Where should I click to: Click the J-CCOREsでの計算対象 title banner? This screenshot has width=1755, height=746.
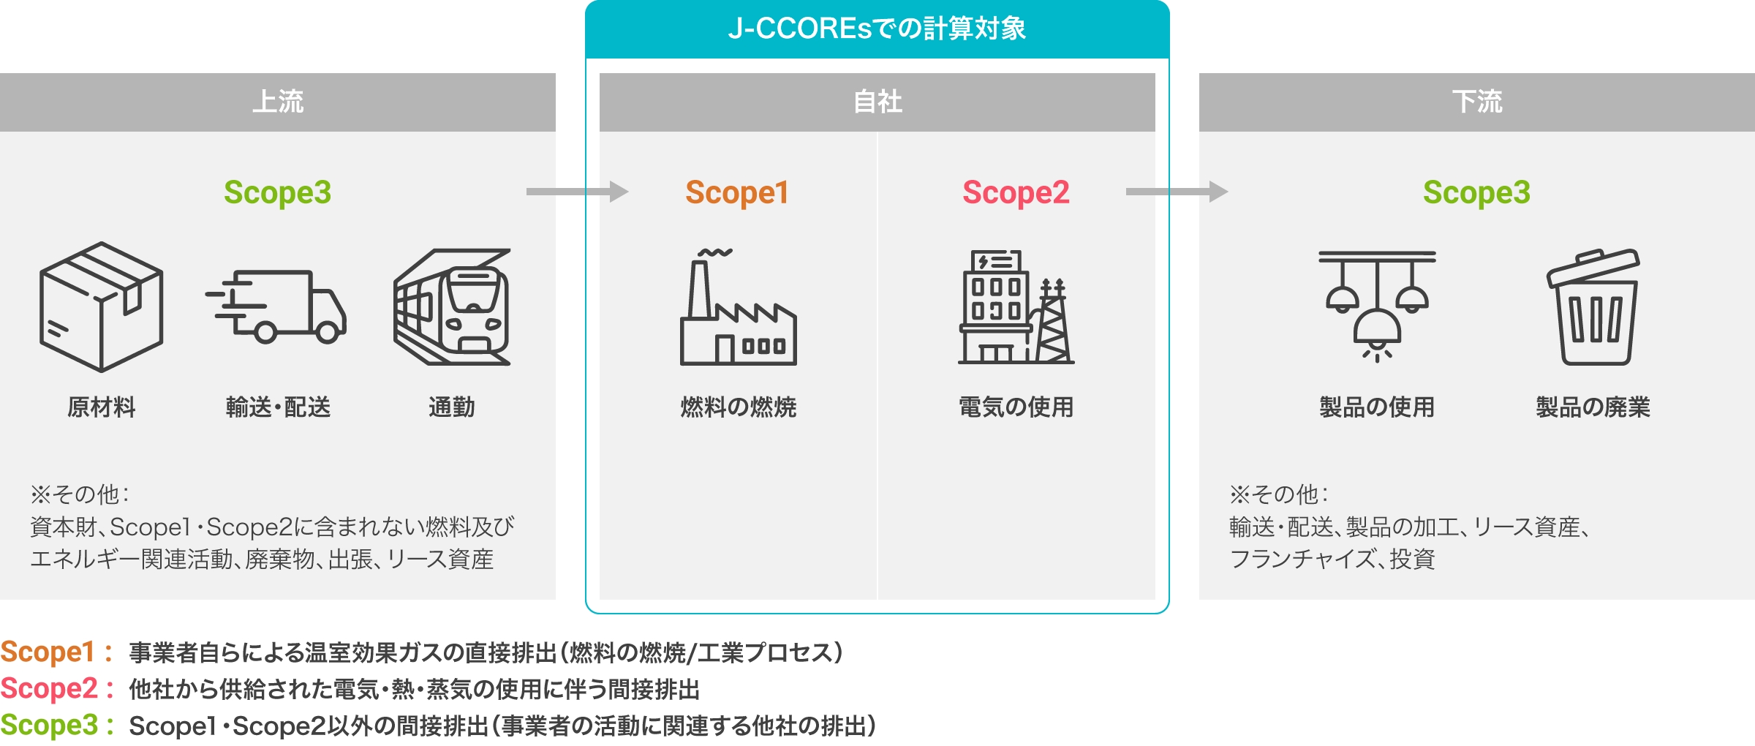[x=877, y=29]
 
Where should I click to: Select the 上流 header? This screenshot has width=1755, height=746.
[x=278, y=102]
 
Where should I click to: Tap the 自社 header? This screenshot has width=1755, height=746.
[x=877, y=102]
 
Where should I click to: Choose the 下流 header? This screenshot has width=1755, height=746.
[x=1476, y=102]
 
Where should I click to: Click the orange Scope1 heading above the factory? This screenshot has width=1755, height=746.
[x=737, y=193]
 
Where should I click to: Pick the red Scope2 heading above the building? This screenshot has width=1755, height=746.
[x=1016, y=193]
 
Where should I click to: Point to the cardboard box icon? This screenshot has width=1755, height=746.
[x=101, y=307]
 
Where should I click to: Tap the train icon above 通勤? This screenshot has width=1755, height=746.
[x=452, y=307]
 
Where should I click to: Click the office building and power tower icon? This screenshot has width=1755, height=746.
[x=1016, y=307]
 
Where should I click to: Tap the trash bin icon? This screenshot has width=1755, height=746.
[x=1593, y=307]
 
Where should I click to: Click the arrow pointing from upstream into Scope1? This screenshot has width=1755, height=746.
[x=578, y=192]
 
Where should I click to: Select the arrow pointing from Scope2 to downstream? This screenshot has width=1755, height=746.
[x=1177, y=192]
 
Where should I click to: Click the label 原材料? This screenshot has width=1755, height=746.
[x=101, y=407]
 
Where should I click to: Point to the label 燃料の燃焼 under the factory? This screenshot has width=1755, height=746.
[x=738, y=407]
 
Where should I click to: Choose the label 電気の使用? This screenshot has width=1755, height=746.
[x=1016, y=407]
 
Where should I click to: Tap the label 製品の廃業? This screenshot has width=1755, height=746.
[x=1593, y=407]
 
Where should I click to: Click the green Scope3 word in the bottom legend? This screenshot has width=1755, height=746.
[x=49, y=726]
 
